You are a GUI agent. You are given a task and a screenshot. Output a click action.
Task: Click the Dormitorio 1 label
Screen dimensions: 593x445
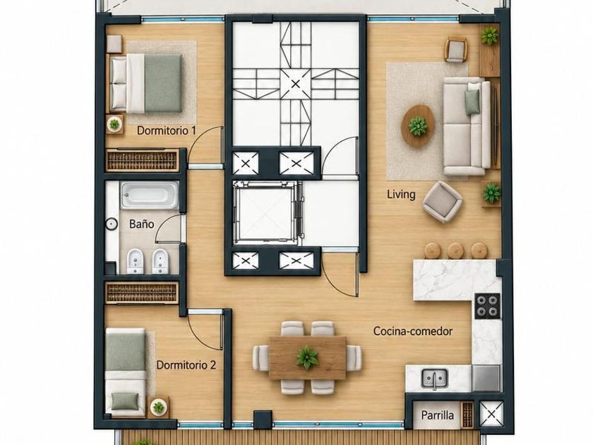tap(167, 131)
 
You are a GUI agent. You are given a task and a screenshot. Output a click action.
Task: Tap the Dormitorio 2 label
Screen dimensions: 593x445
tap(186, 365)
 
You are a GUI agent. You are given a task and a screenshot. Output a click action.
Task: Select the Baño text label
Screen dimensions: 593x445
tap(141, 224)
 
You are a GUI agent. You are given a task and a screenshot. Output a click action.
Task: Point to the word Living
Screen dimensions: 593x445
tap(401, 194)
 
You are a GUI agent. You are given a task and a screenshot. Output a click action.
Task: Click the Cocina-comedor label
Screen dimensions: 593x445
tap(413, 331)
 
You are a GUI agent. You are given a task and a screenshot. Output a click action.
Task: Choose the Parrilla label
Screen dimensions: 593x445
tap(438, 415)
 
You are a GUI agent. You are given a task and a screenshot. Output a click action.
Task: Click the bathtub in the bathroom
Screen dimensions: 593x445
tap(150, 195)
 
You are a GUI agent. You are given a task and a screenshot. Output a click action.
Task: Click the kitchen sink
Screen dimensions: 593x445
tap(435, 378)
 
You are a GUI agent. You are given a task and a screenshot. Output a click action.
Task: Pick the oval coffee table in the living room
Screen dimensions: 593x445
tap(417, 126)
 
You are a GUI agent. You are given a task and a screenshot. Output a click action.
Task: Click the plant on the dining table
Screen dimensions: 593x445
tap(307, 357)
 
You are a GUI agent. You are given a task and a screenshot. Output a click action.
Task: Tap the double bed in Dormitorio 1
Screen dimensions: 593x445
tap(146, 83)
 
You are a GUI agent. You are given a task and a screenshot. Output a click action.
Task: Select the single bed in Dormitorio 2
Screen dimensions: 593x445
tap(126, 373)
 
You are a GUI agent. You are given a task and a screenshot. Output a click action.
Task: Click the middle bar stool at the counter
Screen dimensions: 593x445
tap(456, 251)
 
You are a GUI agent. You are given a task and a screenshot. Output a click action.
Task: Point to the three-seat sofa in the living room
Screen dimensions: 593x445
tap(467, 126)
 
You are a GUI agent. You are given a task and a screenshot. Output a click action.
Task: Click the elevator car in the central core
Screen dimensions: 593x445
tap(268, 214)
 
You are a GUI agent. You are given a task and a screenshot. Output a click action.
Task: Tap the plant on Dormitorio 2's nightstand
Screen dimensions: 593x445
tap(158, 407)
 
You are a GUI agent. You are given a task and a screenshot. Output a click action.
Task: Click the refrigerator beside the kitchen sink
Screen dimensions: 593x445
tap(486, 378)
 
